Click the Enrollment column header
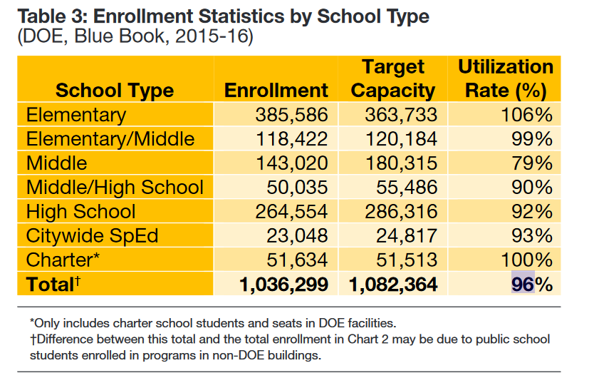coord(276,91)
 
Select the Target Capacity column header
coord(393,79)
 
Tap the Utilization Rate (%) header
coord(505,79)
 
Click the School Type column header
coord(115,91)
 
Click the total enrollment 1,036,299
coord(284,285)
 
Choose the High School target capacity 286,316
coord(401,212)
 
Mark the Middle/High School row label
coord(115,188)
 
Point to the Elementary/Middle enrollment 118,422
coord(292,139)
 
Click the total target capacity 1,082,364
coord(393,285)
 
